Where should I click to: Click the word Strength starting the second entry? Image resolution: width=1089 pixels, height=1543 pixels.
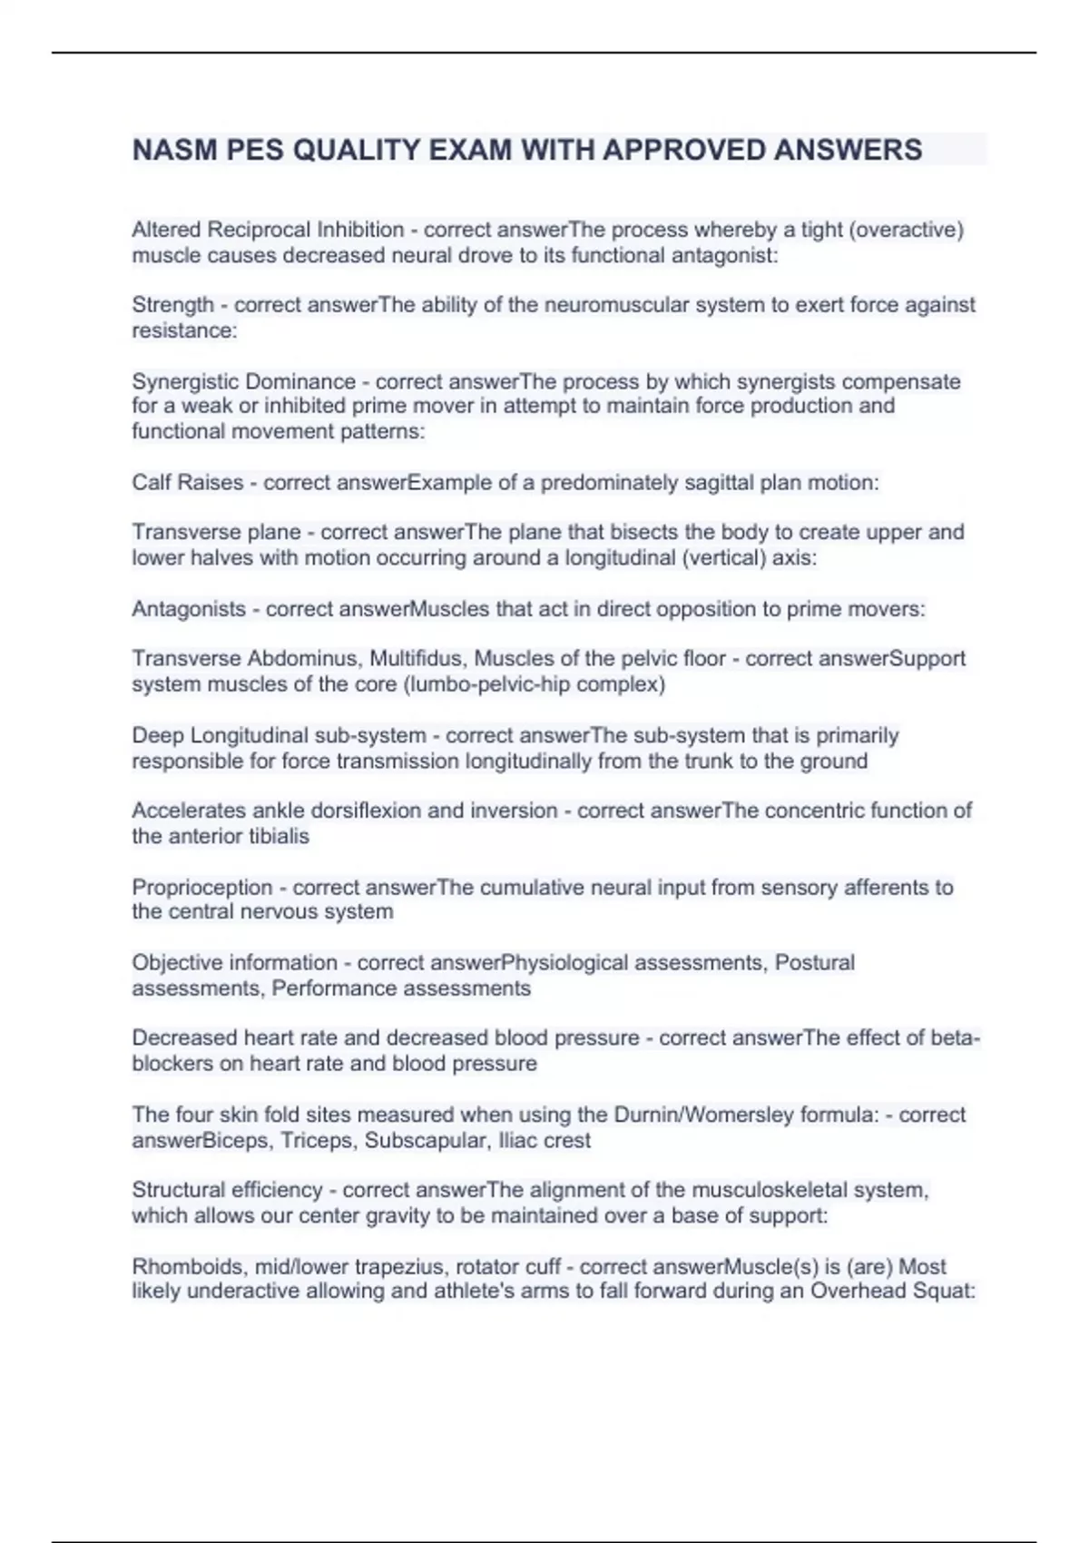click(172, 305)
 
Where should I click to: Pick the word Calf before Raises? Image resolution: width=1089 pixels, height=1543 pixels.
click(149, 482)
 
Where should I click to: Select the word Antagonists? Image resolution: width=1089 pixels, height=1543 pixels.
click(189, 609)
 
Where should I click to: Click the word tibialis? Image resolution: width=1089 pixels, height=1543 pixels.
click(279, 836)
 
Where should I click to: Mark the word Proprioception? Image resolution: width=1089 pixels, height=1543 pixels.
click(201, 887)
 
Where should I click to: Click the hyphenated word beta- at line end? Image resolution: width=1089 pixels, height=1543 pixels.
click(955, 1037)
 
